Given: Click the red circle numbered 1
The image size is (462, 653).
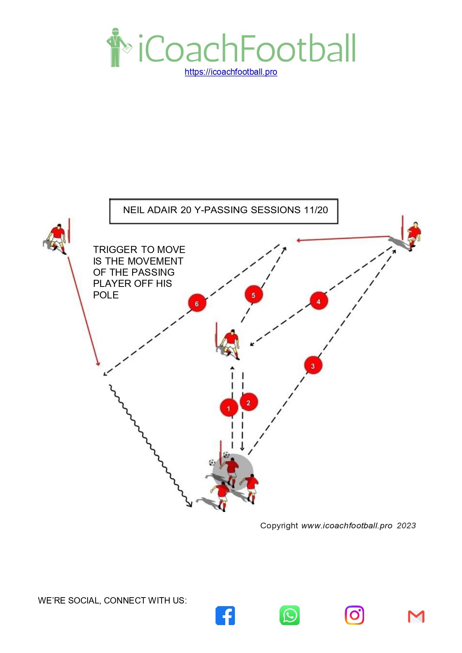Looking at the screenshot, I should pyautogui.click(x=229, y=408).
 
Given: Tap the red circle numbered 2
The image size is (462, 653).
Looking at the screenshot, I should pyautogui.click(x=249, y=403).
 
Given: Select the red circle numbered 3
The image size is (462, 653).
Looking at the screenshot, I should pyautogui.click(x=313, y=366).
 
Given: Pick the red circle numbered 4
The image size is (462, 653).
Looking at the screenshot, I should pyautogui.click(x=318, y=301).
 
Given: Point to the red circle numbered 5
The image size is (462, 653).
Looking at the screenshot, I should pyautogui.click(x=254, y=295).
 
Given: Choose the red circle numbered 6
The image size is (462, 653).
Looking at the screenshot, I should pyautogui.click(x=197, y=304).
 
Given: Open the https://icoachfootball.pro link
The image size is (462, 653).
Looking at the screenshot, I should pyautogui.click(x=231, y=72).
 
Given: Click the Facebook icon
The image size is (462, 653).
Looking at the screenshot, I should pyautogui.click(x=225, y=615).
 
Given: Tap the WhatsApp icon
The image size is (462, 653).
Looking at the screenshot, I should pyautogui.click(x=290, y=615).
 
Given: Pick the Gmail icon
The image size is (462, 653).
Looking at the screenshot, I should pyautogui.click(x=416, y=617).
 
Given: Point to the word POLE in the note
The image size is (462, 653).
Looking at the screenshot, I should pyautogui.click(x=106, y=295).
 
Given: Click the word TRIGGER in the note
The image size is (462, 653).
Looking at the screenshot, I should pyautogui.click(x=115, y=250).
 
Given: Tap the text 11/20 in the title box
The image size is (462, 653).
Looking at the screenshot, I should pyautogui.click(x=316, y=210).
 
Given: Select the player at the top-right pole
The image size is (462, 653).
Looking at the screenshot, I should pyautogui.click(x=412, y=235).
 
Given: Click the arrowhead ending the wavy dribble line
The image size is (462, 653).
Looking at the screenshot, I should pyautogui.click(x=190, y=505).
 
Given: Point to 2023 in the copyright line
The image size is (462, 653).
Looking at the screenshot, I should pyautogui.click(x=406, y=526).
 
